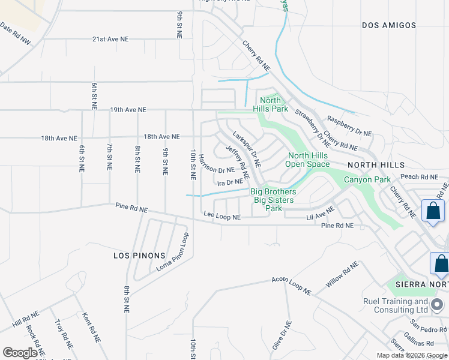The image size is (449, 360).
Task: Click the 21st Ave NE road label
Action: pos(110,39)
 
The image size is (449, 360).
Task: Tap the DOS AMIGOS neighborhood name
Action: pos(389,25)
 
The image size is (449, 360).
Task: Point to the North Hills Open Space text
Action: pos(308,160)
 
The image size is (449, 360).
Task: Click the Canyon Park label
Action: pos(367,179)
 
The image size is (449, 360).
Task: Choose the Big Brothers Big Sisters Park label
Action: pos(274,200)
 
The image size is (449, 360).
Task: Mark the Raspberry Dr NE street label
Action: pos(348,126)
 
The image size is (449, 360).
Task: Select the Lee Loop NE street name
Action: pos(222,215)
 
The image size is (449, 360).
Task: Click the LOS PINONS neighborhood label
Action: pos(135,256)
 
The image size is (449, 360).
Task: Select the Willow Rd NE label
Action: pos(343,275)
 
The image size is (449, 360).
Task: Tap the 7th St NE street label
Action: pos(109,158)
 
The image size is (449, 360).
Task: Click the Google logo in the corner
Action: pos(20,353)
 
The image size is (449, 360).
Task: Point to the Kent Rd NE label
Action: pos(91,327)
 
